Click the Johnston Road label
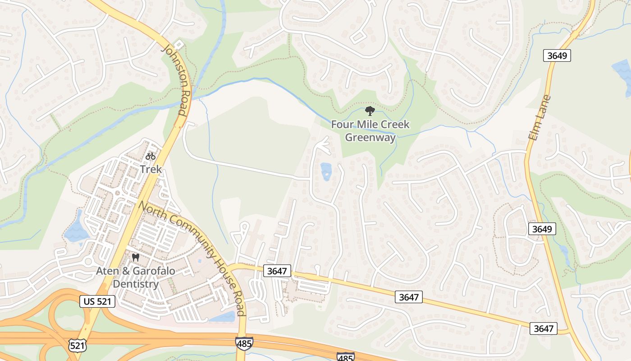point(177,80)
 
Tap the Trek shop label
point(151,169)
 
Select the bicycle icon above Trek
point(151,156)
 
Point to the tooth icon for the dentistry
point(135,258)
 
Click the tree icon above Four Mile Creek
point(370,111)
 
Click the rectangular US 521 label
point(97,301)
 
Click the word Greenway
point(370,137)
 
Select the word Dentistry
point(135,284)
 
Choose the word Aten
point(106,271)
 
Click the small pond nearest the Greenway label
point(325,171)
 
